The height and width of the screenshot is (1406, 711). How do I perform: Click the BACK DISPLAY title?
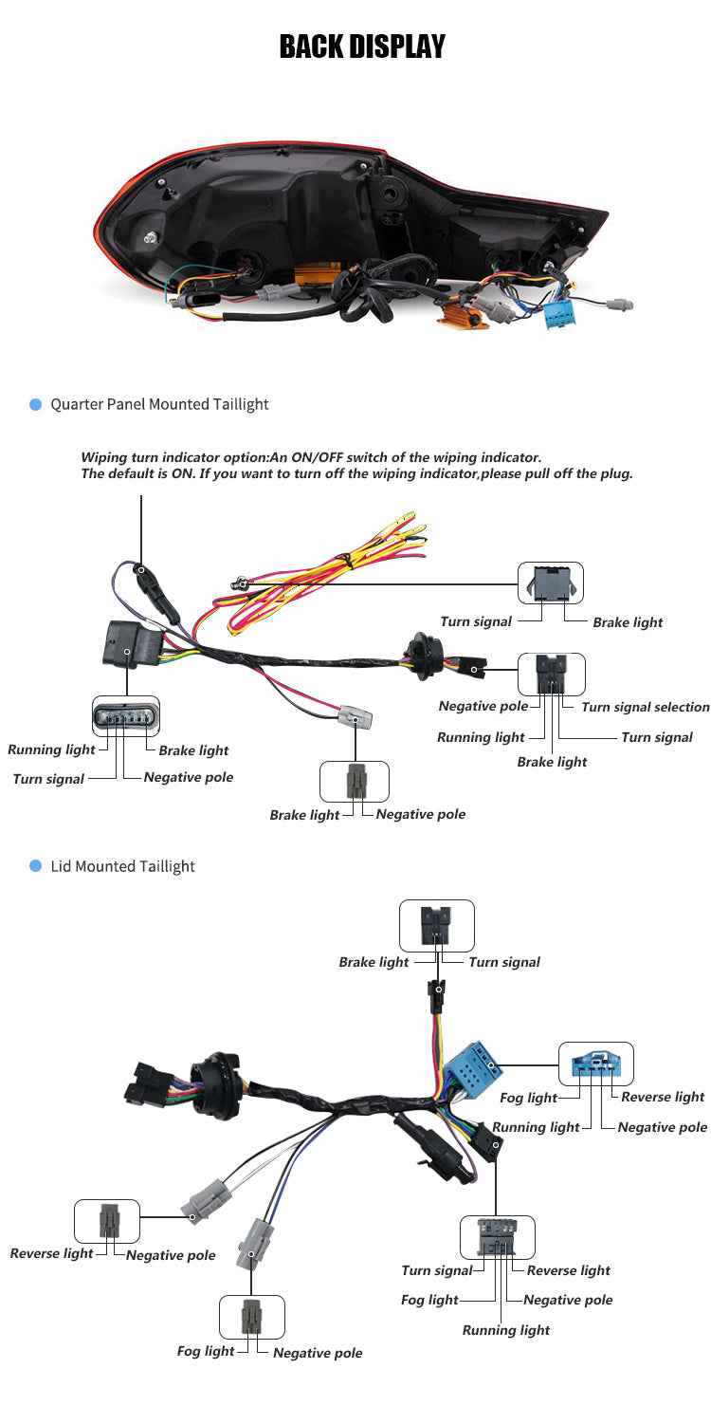coord(362,46)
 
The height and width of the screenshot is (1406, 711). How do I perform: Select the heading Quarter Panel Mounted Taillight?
coord(159,404)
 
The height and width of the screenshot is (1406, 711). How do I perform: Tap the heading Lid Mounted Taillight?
coord(122,866)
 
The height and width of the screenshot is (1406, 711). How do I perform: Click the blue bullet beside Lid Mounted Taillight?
coord(36,866)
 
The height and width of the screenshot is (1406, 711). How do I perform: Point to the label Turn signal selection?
coord(645,707)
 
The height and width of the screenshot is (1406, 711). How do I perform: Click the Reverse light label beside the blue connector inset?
coord(663,1097)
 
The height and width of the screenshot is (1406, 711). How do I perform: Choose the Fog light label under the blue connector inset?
coord(528,1098)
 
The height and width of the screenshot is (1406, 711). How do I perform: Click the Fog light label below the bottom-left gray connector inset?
coord(205,1351)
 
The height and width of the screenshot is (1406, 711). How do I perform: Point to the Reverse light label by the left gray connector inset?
coord(51,1253)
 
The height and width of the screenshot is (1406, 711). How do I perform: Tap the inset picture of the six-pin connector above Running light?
coord(125,716)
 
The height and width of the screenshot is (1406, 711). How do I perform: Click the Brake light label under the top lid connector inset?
coord(374,962)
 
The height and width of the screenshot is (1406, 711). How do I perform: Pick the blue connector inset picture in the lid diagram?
coord(595,1064)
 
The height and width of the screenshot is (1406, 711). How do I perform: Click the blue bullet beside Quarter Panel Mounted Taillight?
coord(36,404)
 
